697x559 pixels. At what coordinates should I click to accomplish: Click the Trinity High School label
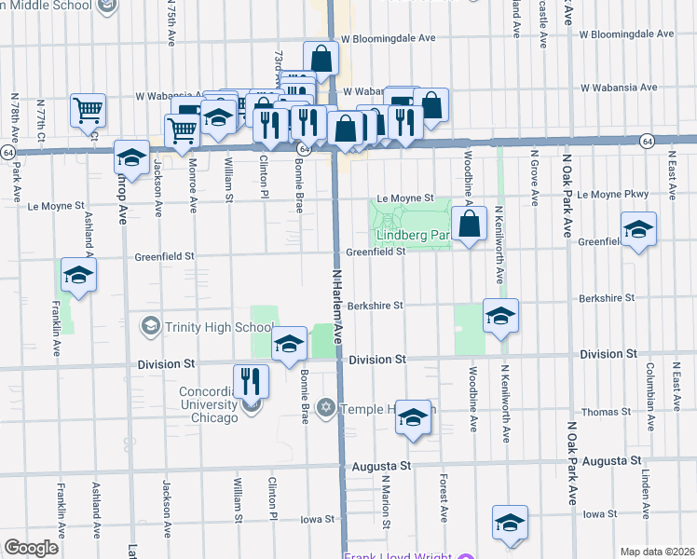(x=207, y=326)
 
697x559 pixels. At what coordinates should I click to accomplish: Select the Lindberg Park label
(x=414, y=235)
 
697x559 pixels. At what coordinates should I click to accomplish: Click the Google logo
(x=31, y=548)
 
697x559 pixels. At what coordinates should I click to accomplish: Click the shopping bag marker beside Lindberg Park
(x=471, y=224)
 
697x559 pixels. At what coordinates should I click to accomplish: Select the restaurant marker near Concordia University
(x=250, y=380)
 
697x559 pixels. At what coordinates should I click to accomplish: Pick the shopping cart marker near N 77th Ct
(x=88, y=111)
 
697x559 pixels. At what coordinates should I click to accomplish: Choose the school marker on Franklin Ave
(x=78, y=276)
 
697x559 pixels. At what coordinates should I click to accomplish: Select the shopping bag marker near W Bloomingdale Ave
(x=321, y=58)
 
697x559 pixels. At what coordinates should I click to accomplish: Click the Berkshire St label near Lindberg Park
(x=374, y=305)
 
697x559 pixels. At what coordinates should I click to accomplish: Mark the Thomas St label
(x=607, y=411)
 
